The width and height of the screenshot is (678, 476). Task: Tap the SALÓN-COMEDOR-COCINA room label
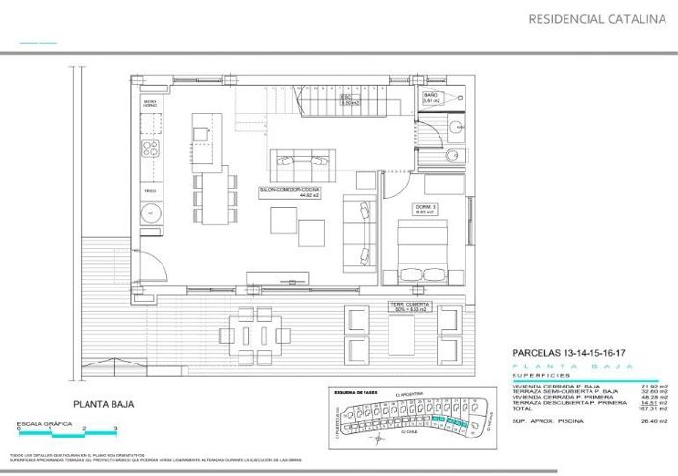(289, 192)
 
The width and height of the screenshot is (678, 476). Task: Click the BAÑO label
(430, 98)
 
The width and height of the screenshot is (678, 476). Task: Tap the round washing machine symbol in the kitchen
(150, 214)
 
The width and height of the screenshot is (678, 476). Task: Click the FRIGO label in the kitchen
(150, 191)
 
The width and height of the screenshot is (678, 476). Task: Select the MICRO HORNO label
(150, 102)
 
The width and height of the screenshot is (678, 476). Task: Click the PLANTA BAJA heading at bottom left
(102, 405)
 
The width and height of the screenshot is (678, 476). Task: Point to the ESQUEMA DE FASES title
(355, 393)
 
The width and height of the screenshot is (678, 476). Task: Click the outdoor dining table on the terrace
(256, 334)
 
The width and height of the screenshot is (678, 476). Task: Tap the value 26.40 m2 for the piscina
(654, 420)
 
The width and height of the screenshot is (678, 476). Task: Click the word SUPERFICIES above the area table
(538, 376)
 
